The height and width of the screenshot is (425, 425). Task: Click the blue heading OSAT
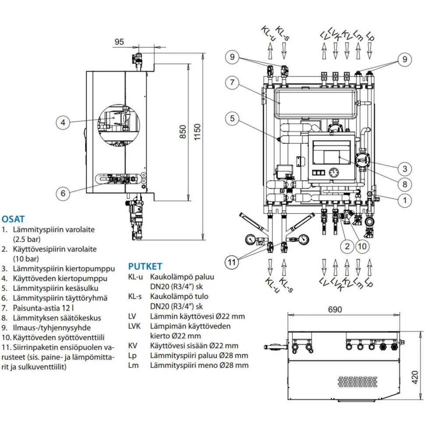(x=13, y=219)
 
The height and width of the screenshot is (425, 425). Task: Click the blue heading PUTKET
(x=145, y=266)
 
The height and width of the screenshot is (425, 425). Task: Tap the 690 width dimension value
(x=335, y=309)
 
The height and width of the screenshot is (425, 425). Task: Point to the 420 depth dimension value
(x=414, y=377)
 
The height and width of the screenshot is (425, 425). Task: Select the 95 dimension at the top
(x=119, y=42)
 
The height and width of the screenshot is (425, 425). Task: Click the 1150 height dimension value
(x=197, y=132)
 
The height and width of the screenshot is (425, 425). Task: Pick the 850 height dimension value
(x=183, y=132)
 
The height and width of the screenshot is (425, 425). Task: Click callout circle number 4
(x=63, y=123)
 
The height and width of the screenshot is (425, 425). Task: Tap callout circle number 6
(x=63, y=193)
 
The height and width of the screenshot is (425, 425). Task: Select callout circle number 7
(x=232, y=82)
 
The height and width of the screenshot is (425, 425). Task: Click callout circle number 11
(x=232, y=262)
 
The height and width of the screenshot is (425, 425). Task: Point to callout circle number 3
(x=405, y=169)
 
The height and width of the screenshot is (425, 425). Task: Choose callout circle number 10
(x=362, y=246)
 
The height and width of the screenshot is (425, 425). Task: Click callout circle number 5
(x=232, y=118)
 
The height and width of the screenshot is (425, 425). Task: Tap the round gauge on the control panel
(x=334, y=172)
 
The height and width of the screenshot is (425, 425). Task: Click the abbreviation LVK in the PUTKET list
(x=135, y=326)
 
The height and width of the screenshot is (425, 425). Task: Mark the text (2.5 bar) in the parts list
(x=27, y=239)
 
